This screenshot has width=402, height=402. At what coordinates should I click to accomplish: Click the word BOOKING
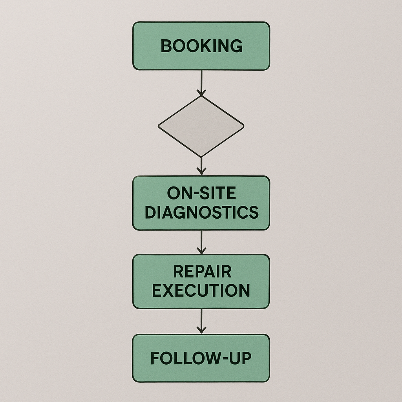tap(201, 46)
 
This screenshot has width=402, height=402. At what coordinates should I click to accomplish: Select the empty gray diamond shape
tap(201, 126)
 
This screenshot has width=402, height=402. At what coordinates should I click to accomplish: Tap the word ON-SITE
tap(201, 193)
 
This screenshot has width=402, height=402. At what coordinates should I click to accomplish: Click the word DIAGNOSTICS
tap(201, 212)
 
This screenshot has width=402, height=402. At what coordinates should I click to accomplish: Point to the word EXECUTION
tap(201, 291)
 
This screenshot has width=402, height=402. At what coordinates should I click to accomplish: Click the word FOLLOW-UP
tap(201, 358)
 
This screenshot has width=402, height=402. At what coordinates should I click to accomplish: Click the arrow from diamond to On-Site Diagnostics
tap(201, 165)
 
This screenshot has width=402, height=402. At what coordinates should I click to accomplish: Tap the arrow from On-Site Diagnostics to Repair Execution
tap(201, 241)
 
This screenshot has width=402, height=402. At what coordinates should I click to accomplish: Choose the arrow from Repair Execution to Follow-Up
tap(201, 320)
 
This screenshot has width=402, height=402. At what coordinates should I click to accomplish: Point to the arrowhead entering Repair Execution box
tap(201, 251)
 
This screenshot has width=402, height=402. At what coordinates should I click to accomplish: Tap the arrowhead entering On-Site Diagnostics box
tap(201, 172)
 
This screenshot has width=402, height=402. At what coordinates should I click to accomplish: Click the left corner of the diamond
tap(159, 126)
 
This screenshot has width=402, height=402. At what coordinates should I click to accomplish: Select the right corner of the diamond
tap(243, 126)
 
